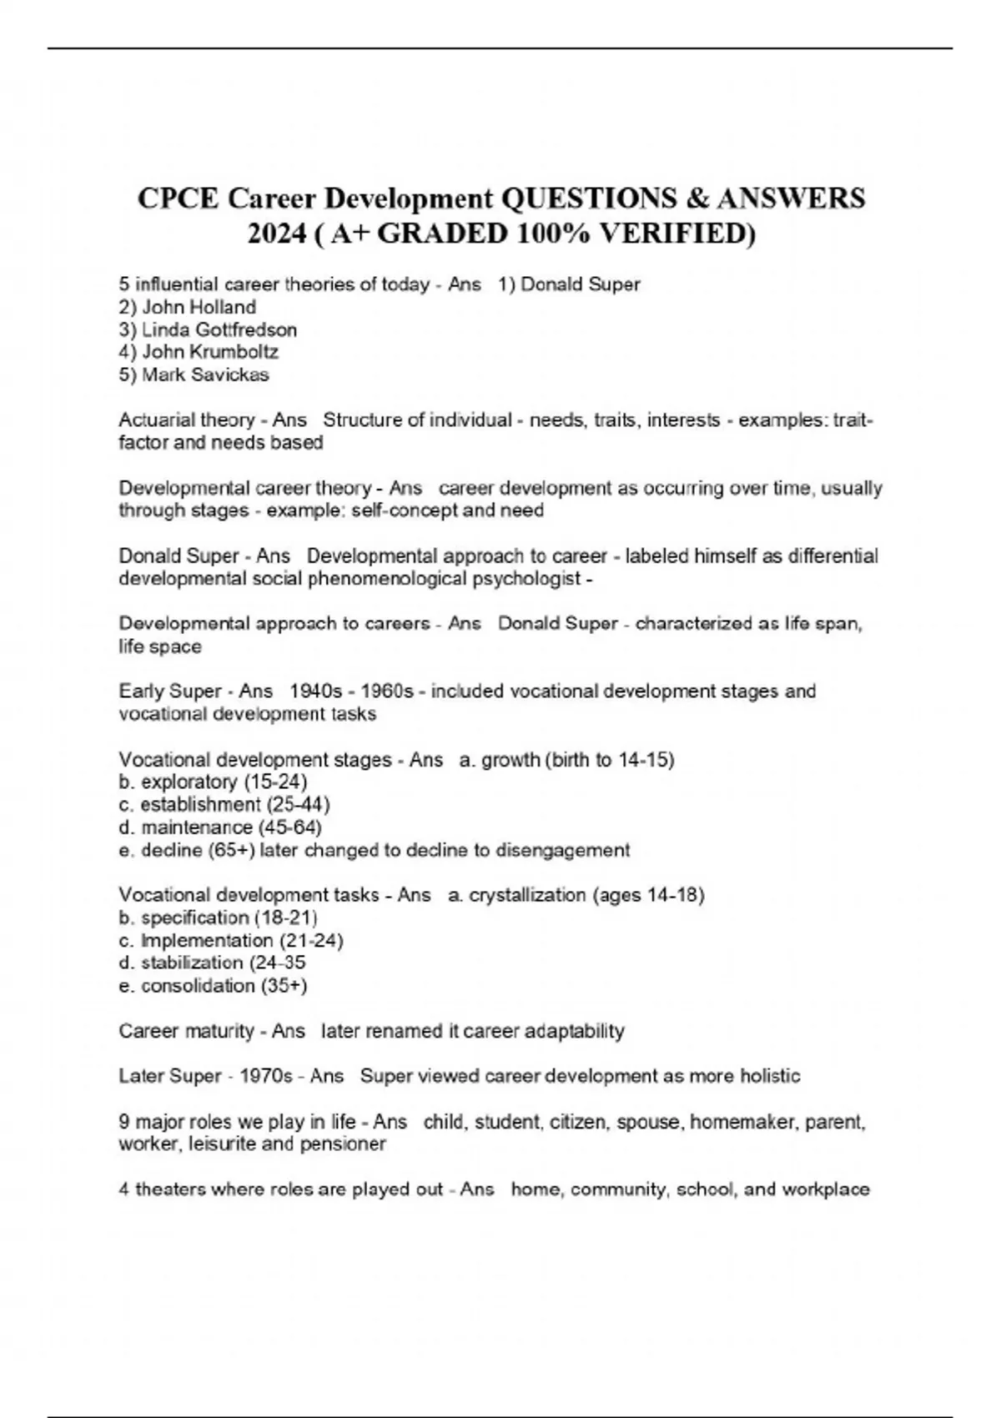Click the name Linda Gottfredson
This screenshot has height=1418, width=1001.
(x=219, y=329)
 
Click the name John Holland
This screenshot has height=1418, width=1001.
(x=199, y=307)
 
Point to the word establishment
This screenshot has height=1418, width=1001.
(x=200, y=805)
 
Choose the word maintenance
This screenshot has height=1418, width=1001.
(x=197, y=827)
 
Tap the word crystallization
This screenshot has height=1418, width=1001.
(x=527, y=896)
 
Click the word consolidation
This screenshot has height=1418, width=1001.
(x=198, y=986)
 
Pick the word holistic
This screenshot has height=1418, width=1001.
(x=769, y=1077)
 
